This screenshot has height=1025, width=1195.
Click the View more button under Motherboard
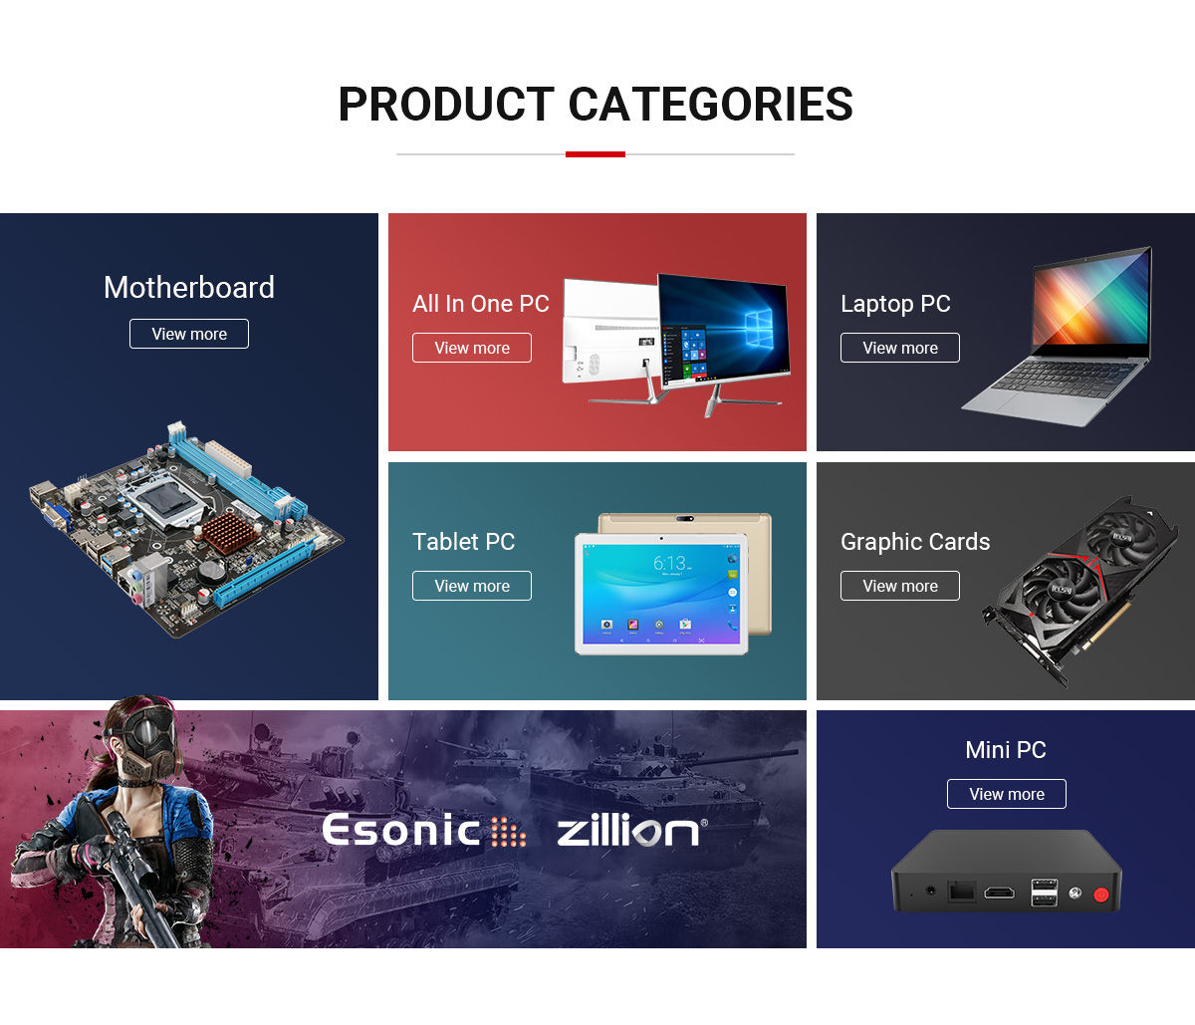point(189,334)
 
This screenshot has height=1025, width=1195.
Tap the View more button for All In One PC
point(472,348)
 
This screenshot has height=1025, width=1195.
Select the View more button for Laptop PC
point(899,348)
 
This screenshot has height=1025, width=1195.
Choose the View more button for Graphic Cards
point(899,586)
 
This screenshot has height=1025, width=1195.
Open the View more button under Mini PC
point(1007,794)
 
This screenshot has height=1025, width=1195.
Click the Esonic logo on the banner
point(424,830)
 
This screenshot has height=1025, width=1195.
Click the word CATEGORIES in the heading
point(710,105)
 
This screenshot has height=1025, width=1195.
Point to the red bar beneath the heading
point(595,154)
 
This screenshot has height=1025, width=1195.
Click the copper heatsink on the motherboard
point(229,533)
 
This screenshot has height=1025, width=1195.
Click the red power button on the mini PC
point(1100,895)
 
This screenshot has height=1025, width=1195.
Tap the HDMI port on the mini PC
point(999,893)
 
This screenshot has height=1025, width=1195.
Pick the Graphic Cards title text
point(915,542)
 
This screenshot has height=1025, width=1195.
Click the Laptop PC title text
point(895,304)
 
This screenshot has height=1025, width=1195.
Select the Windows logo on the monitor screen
point(759,328)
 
